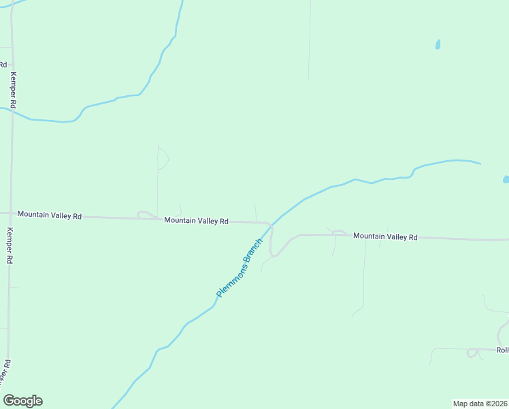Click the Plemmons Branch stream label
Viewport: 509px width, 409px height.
[x=239, y=268]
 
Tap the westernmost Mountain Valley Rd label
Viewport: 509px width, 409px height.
[x=49, y=215]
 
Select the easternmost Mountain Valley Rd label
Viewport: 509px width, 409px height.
[x=384, y=237]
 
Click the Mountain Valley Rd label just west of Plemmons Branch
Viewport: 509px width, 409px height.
[x=196, y=221]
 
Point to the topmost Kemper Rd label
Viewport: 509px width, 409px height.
[x=13, y=89]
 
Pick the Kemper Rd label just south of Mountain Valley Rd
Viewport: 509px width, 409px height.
[x=10, y=245]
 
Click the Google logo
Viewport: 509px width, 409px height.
[x=22, y=401]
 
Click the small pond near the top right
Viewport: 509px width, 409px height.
[x=438, y=45]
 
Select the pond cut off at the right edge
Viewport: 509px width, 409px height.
[x=506, y=179]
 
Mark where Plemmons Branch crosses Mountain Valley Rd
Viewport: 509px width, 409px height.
[x=271, y=223]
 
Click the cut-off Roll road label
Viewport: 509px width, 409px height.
[x=502, y=350]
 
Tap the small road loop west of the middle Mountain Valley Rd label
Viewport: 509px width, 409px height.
[x=146, y=215]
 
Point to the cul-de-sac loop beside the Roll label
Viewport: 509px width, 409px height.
[x=472, y=352]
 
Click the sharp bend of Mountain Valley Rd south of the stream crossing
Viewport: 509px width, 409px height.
[x=273, y=255]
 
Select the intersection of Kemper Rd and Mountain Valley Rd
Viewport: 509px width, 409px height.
[x=10, y=214]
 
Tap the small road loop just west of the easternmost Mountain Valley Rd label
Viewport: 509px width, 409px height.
[x=338, y=233]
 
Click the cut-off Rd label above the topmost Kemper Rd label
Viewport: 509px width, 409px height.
[x=3, y=64]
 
